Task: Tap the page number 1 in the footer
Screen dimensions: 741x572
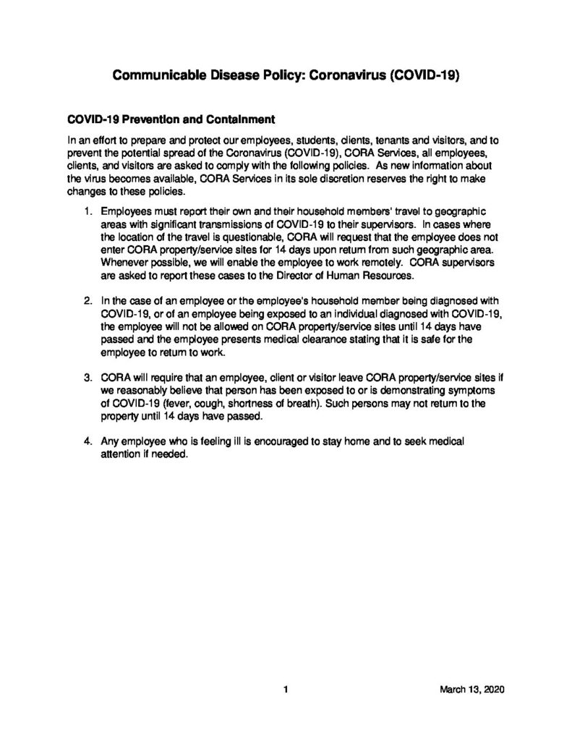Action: coord(286,689)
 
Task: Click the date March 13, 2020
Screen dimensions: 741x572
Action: coord(471,689)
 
